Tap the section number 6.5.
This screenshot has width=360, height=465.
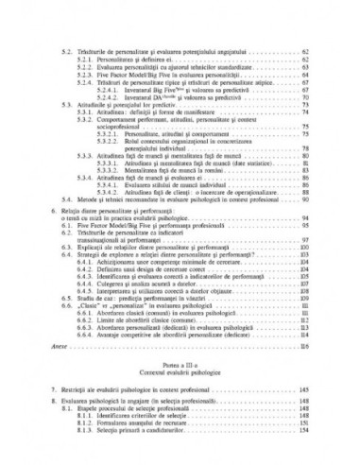(x=66, y=293)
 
